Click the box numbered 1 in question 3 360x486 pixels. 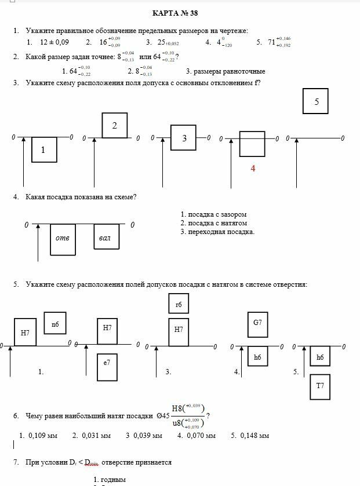click(43, 150)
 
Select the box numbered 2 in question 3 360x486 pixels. click(115, 126)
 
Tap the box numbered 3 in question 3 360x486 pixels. click(184, 138)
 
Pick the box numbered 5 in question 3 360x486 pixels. click(316, 101)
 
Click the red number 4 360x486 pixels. click(253, 168)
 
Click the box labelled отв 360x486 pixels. click(63, 238)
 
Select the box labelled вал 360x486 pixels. click(106, 237)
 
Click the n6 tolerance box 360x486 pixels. click(55, 324)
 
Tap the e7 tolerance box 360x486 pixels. click(107, 362)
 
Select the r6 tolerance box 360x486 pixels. click(179, 304)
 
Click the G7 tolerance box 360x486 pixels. click(257, 325)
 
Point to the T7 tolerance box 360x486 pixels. click(320, 385)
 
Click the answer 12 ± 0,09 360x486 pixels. click(54, 42)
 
